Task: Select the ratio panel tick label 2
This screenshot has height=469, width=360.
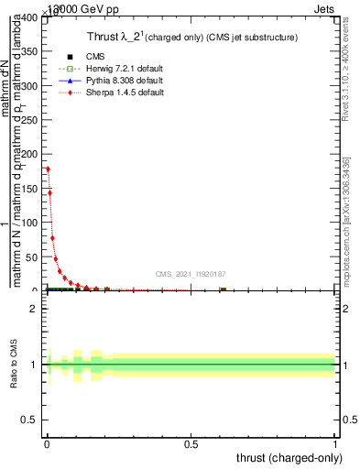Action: [x=34, y=309]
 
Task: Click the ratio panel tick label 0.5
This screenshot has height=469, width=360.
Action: [x=29, y=423]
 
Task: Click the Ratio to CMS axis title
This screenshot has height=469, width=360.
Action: [x=14, y=365]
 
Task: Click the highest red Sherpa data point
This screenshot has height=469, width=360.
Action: [x=48, y=169]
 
